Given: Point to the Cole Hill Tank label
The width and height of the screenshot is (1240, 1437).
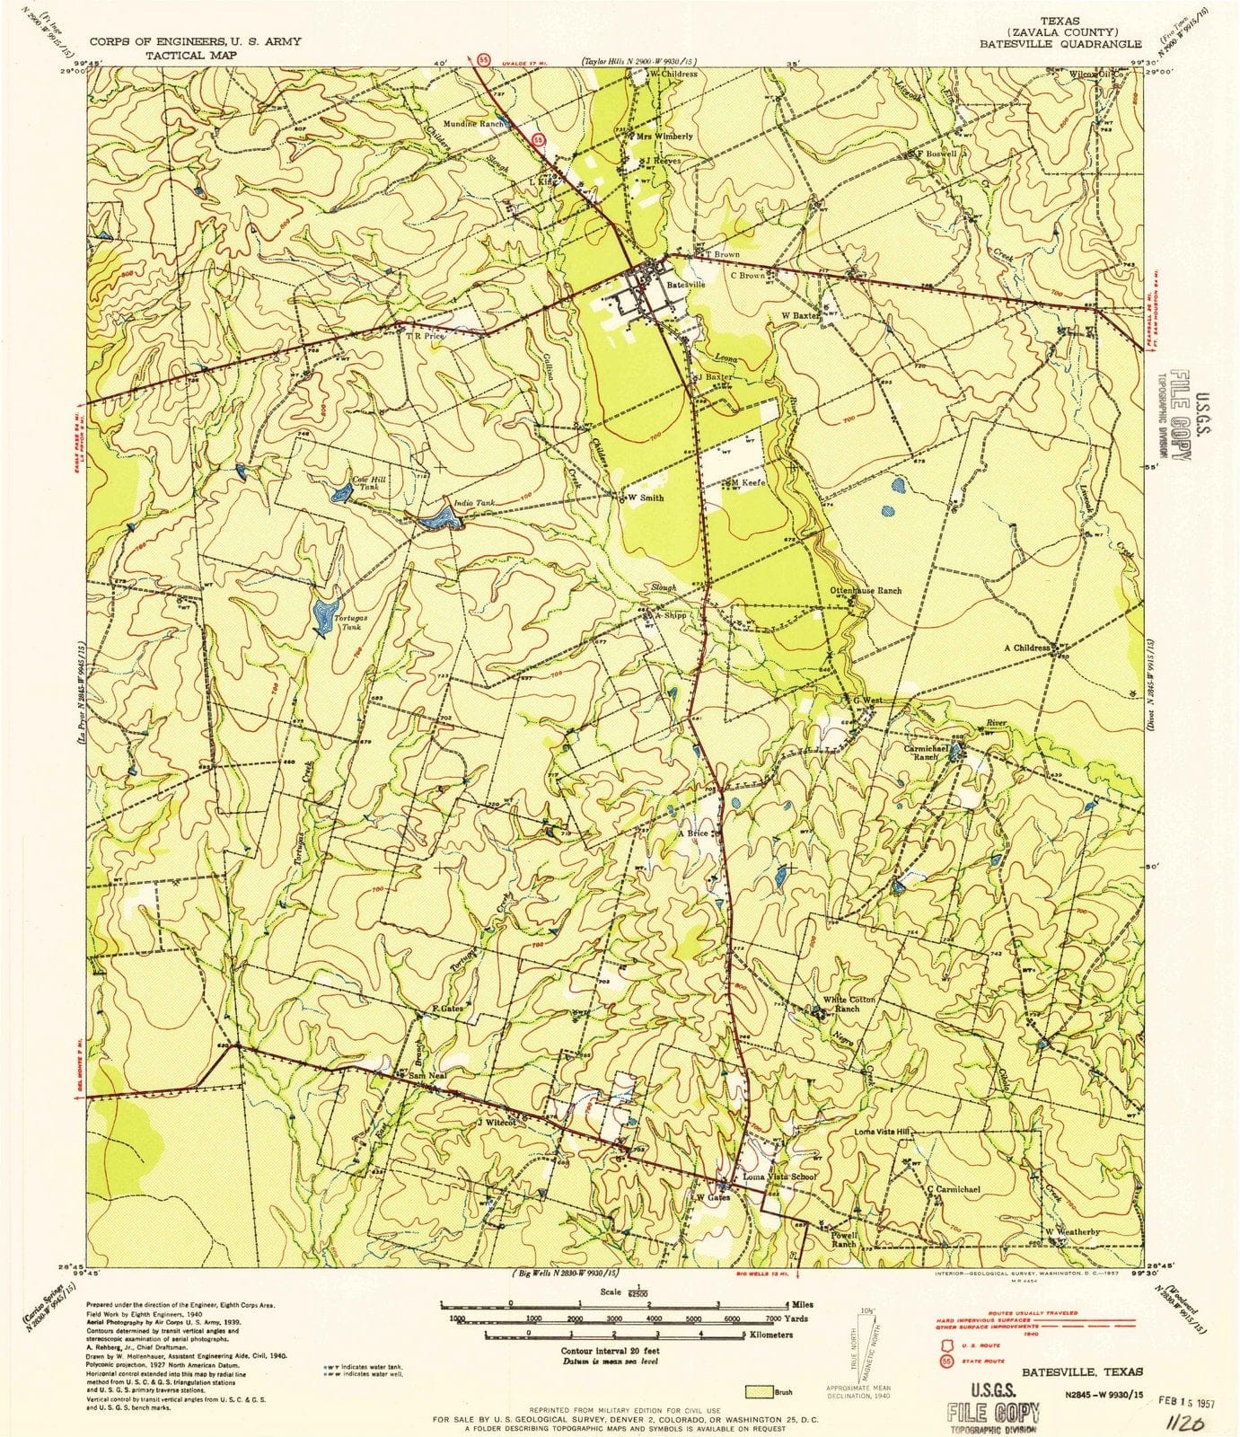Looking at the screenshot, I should [x=368, y=482].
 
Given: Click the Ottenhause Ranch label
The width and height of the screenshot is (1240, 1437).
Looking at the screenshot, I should [x=866, y=591].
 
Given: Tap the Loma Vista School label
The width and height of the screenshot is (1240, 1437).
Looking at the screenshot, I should [x=778, y=1177].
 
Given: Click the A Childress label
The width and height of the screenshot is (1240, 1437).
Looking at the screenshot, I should [x=1027, y=648].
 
